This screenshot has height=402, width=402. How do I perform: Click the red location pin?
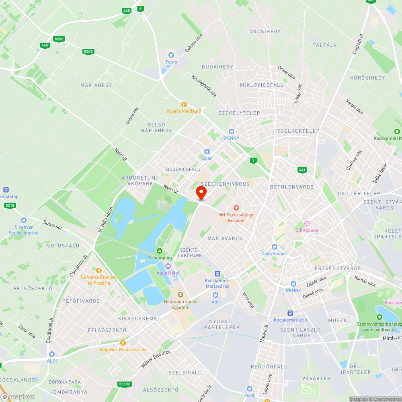pos(201,193)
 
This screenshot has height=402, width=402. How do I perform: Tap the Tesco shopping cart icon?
pos(171,55)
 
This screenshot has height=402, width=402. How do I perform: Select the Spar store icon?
pos(207,152)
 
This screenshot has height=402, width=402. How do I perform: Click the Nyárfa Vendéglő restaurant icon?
pos(184,104)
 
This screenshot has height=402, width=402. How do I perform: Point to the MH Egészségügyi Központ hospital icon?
pos(236,208)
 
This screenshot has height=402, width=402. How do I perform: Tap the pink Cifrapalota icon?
pos(307,224)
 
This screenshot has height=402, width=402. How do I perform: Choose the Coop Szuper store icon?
pos(275,247)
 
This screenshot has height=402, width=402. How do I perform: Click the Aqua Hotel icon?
pos(168,267)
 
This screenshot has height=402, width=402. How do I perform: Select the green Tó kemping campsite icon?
pos(160,251)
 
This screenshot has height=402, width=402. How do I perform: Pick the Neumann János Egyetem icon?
pos(180,295)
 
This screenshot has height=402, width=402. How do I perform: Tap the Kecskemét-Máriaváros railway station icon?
pos(217,274)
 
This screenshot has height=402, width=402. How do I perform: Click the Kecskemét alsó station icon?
pos(290,313)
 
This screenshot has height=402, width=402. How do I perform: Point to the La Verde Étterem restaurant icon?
pos(98,271)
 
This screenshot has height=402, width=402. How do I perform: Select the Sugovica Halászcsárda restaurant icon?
pos(123,343)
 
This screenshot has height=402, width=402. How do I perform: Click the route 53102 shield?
pos(125,384)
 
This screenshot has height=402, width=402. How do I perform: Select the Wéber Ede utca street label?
pos(156,359)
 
